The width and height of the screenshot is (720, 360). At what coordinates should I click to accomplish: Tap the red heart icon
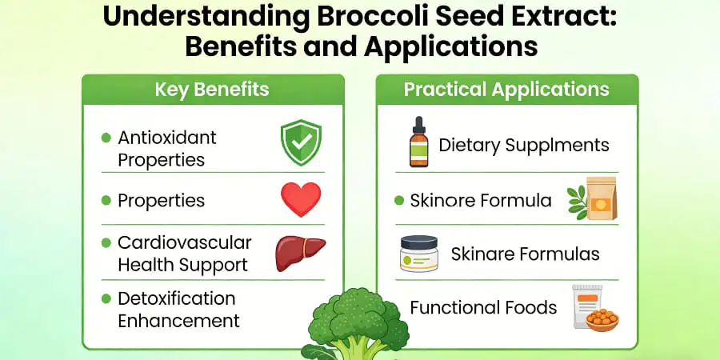[x=300, y=199]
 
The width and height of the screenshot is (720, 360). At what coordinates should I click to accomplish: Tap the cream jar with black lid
[x=418, y=254]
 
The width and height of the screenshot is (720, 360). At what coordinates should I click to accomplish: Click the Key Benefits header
[x=212, y=90]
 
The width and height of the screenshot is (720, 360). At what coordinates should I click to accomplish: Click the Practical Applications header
[x=506, y=89]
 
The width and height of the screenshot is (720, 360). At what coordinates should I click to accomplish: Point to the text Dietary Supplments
[x=523, y=145]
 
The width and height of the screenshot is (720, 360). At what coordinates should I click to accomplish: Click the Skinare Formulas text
[x=525, y=254]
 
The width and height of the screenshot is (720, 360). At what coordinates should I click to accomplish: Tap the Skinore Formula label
[x=480, y=200]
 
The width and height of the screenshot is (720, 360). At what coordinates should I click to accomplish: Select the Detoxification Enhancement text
[x=178, y=310]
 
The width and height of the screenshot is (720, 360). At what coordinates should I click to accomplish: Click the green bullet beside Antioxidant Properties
[x=106, y=138]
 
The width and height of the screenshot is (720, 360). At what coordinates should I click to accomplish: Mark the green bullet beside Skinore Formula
[x=399, y=200]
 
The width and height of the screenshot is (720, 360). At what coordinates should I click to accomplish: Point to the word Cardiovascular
[x=184, y=242]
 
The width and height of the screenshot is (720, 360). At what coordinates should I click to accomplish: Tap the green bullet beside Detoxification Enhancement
[x=106, y=298]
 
